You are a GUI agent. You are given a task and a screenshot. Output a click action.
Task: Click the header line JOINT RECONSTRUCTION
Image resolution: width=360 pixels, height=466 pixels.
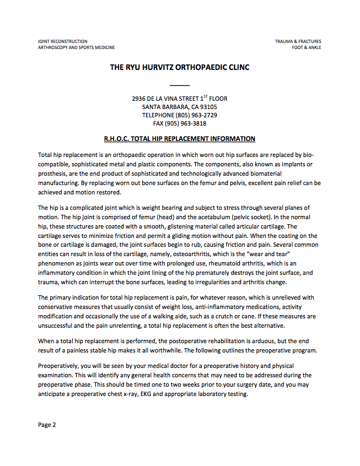click(62, 41)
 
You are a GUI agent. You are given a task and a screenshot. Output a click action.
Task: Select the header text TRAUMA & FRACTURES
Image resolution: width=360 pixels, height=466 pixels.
click(298, 41)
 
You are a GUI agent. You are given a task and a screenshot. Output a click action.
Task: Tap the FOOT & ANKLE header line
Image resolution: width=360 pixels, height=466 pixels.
click(307, 47)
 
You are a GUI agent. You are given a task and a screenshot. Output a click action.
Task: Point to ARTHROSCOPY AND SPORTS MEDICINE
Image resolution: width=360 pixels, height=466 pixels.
click(76, 47)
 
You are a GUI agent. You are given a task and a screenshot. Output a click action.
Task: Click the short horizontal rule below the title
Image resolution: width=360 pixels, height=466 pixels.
click(180, 85)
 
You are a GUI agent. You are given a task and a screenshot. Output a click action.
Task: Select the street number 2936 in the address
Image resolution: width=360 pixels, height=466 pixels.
click(139, 99)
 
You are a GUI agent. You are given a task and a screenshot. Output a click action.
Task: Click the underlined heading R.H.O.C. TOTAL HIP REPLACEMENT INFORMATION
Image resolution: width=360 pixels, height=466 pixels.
click(180, 139)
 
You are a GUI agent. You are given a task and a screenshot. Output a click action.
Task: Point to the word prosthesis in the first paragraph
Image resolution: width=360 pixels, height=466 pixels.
click(52, 172)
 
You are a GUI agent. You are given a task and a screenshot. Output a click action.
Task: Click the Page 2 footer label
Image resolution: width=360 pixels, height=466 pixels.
click(47, 425)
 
